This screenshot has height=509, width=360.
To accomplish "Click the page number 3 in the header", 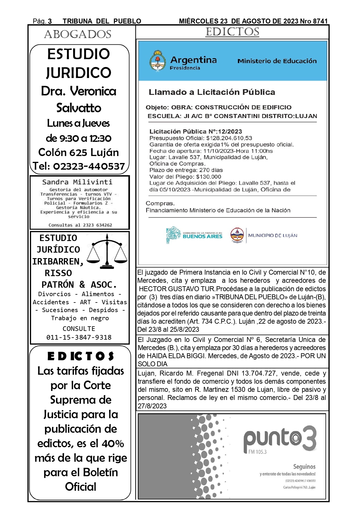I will click(x=50, y=21).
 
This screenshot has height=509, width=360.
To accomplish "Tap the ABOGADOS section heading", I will click(x=78, y=35).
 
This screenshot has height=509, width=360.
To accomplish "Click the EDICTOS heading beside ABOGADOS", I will click(x=232, y=32).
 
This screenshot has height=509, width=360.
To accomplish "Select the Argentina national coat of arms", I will click(x=157, y=61).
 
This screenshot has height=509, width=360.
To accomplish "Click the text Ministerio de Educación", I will click(x=277, y=61).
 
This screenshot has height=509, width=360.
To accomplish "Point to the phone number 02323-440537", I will click(x=89, y=166).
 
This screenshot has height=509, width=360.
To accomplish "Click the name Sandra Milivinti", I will click(x=77, y=182).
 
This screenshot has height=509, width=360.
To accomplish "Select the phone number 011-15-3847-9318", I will click(x=79, y=337).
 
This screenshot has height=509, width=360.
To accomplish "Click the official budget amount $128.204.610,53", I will click(x=229, y=138).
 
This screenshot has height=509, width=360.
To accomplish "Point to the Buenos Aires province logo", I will click(x=194, y=235).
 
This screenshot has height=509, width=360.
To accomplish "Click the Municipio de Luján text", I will click(x=272, y=236).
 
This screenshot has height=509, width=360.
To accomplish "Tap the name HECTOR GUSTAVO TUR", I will click(x=177, y=289).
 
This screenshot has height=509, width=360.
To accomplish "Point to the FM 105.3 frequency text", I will click(x=257, y=452).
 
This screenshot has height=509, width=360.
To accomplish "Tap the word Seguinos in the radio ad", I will click(x=304, y=467).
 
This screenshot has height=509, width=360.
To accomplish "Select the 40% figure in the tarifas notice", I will click(x=113, y=443).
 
